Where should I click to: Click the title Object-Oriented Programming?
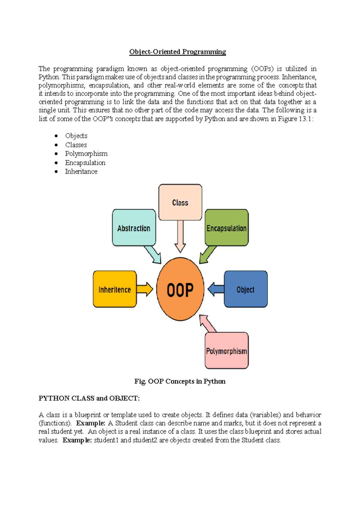(x=178, y=52)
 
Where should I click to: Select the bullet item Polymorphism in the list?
(x=86, y=154)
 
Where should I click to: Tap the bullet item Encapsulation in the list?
(x=85, y=163)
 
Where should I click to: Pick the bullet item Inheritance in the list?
(x=81, y=171)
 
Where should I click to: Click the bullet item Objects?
(x=76, y=136)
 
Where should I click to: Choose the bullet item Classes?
(x=76, y=145)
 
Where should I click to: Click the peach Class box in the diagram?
(x=180, y=203)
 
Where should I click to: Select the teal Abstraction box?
(x=134, y=228)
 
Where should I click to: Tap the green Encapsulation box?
(x=226, y=228)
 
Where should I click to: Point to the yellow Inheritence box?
(x=115, y=289)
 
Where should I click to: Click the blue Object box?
(x=245, y=289)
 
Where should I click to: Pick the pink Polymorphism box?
(x=226, y=351)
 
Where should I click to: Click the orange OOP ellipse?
(x=180, y=289)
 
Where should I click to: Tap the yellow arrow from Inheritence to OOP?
(x=145, y=289)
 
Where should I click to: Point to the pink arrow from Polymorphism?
(x=207, y=323)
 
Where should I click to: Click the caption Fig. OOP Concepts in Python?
(x=180, y=381)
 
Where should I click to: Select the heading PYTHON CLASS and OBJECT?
(x=89, y=398)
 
